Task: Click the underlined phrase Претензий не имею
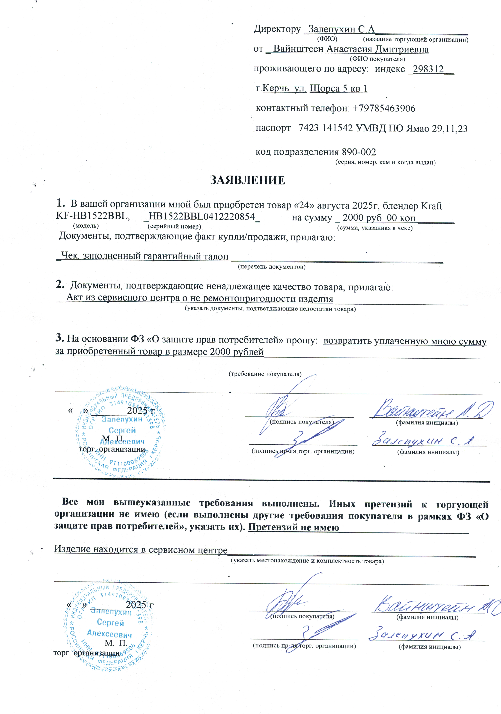coord(293,527)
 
